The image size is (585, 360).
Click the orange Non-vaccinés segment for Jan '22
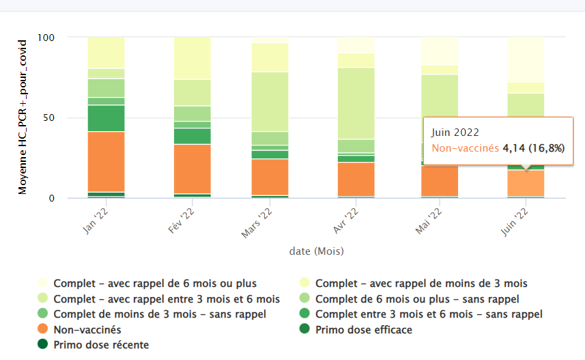106,161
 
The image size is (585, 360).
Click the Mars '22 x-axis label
256,223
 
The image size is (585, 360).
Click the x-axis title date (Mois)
316,251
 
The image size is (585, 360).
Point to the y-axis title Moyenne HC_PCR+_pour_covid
23,117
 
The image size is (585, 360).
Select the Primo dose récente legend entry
100,344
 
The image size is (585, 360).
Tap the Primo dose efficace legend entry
363,329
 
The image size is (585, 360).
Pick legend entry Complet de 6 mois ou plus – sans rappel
416,299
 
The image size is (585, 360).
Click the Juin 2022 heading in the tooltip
455,133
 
